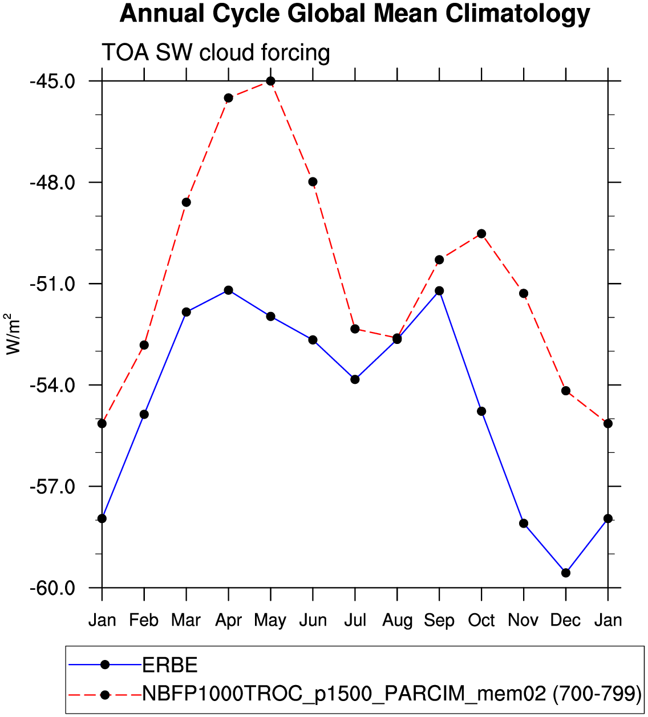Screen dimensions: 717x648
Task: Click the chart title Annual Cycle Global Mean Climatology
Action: tap(354, 14)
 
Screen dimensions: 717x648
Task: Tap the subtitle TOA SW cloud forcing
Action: tap(216, 52)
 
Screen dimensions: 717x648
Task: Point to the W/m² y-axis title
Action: tap(13, 334)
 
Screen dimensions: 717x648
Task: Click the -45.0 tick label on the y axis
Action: tap(52, 81)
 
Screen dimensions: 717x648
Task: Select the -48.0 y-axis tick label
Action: tap(52, 183)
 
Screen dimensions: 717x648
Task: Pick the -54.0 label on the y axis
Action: tap(52, 385)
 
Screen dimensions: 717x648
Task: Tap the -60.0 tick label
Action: tap(52, 588)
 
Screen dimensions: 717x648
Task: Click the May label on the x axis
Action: tap(270, 620)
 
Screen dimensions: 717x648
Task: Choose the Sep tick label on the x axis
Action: tap(439, 620)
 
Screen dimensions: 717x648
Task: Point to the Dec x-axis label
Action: tap(565, 620)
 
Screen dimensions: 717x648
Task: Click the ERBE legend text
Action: tap(170, 665)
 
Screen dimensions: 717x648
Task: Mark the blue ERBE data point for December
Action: tap(566, 573)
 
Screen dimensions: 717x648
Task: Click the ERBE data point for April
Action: tap(228, 290)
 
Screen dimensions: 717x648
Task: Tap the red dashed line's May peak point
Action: tap(270, 81)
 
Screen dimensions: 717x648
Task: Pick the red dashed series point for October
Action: tap(481, 234)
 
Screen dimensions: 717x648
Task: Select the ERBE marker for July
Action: tap(355, 379)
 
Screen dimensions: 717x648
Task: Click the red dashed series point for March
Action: tap(186, 202)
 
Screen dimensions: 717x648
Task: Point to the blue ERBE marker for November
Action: tap(524, 524)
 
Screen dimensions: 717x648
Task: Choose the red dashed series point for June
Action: tap(313, 182)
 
